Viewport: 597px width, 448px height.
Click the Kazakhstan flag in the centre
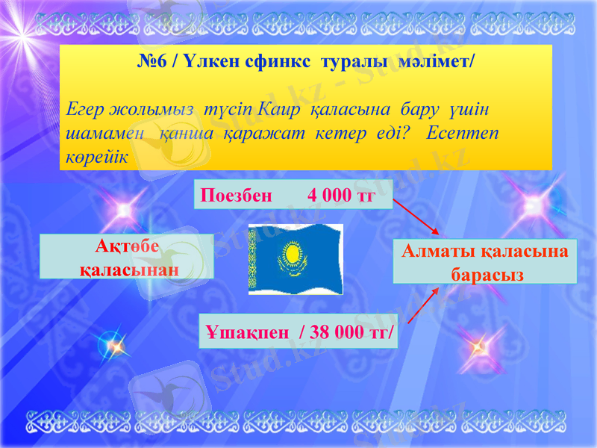click(x=296, y=259)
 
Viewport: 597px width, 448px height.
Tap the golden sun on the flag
click(x=292, y=254)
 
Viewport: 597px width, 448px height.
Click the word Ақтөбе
click(x=128, y=247)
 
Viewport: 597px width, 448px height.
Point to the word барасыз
click(x=486, y=275)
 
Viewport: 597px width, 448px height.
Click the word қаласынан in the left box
click(x=128, y=267)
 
